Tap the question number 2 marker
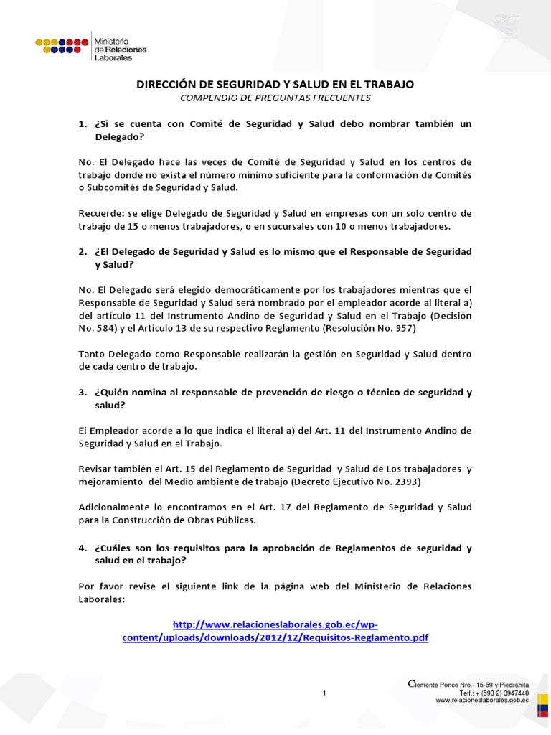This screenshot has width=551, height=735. (83, 253)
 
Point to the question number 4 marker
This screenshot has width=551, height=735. (83, 548)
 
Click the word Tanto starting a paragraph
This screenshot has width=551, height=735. (92, 355)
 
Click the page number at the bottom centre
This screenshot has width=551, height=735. (324, 693)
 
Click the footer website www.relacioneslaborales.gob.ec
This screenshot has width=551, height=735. (482, 701)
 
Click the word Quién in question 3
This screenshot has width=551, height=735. (111, 393)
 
